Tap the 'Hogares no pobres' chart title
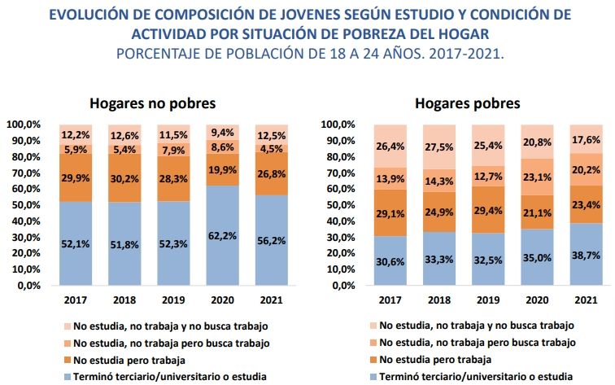pyautogui.click(x=152, y=103)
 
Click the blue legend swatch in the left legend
pyautogui.click(x=65, y=376)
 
